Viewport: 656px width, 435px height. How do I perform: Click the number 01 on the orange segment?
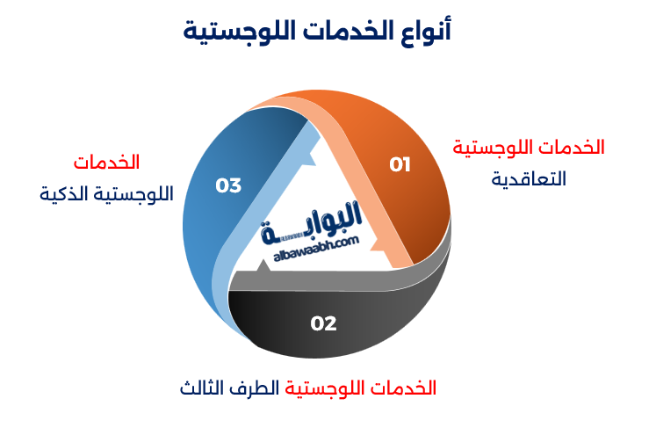[x=400, y=164]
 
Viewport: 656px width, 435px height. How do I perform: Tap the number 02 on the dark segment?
[x=323, y=323]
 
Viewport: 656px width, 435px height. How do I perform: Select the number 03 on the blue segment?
[x=228, y=185]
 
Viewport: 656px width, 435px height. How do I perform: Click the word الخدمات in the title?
[x=342, y=33]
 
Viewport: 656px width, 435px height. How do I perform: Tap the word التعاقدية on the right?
[x=528, y=178]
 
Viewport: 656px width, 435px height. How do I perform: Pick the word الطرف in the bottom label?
[x=260, y=388]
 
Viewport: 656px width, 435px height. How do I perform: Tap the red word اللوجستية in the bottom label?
[x=334, y=388]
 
